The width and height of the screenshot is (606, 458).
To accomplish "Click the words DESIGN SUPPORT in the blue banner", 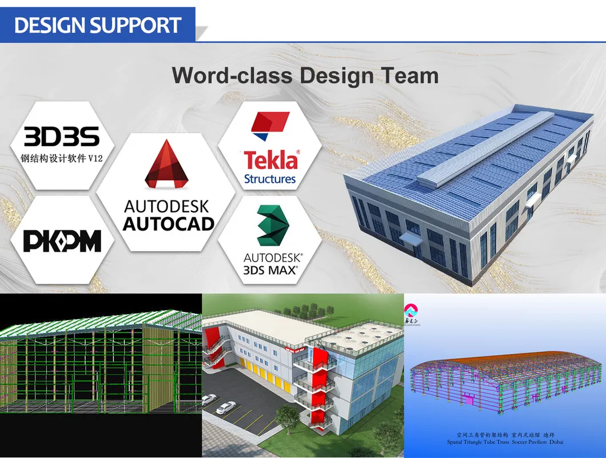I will [98, 25].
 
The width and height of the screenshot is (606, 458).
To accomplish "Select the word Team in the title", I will [410, 75].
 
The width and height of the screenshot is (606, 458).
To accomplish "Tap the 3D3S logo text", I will [62, 136].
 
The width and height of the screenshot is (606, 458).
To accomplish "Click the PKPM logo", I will [62, 241].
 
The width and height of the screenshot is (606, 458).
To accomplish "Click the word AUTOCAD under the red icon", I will [168, 224].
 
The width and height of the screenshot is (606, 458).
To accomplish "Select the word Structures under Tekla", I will [270, 179].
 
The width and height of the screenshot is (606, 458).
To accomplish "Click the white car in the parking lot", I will [226, 408].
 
